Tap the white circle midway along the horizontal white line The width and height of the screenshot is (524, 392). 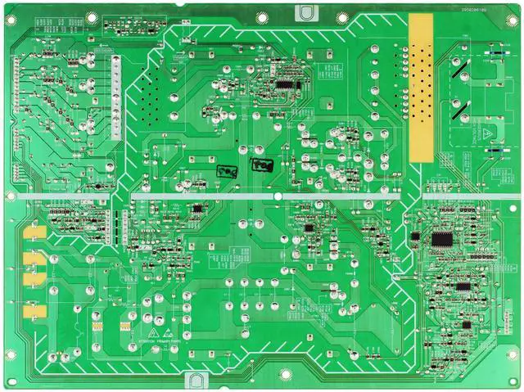click(x=278, y=197)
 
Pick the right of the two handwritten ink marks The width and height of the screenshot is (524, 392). click(x=262, y=166)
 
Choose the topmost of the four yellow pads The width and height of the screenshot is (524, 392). click(x=34, y=232)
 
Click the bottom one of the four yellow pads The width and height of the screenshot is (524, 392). click(x=30, y=312)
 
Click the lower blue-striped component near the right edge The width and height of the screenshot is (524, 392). click(x=495, y=151)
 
